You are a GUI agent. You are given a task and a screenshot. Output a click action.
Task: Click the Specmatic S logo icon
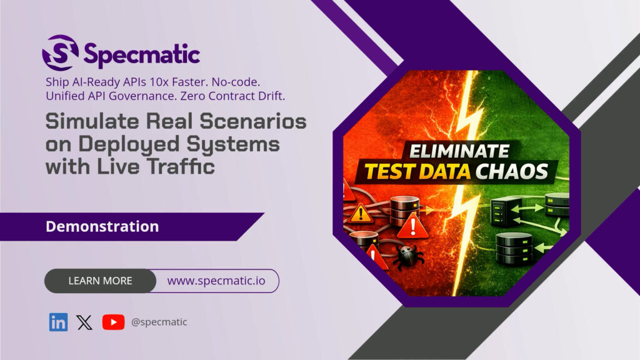61,52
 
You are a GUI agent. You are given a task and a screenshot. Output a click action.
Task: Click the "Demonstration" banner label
102,226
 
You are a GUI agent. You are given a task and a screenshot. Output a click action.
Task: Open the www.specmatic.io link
216,281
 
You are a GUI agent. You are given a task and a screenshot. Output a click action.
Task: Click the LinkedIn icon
59,322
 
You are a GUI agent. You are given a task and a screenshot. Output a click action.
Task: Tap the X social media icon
84,322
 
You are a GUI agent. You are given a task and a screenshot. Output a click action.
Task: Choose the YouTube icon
113,322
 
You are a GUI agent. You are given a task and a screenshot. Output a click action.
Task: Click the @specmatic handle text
159,322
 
